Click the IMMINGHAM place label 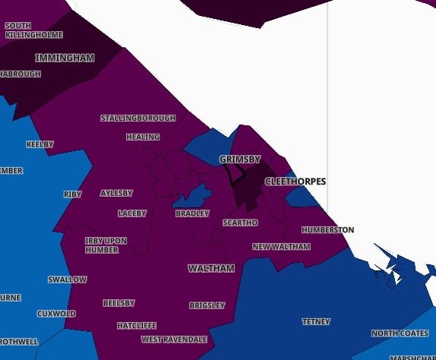65,58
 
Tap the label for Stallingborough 138,118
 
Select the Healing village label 143,137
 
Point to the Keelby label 40,144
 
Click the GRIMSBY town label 240,159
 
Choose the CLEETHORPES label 295,182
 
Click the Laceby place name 132,213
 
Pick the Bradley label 192,213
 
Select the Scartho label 240,223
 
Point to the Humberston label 327,229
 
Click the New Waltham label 281,247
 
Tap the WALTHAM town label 211,268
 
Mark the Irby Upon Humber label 106,245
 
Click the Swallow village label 68,279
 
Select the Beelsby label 118,303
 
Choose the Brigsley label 207,305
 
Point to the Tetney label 316,321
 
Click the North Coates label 400,333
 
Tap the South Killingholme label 24,30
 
